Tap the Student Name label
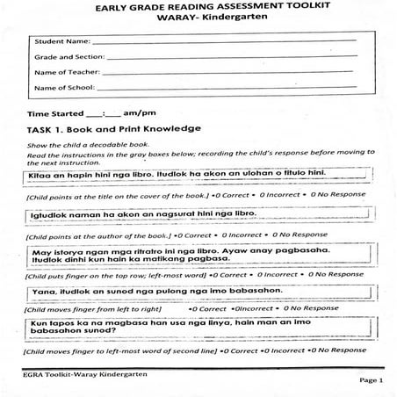pyautogui.click(x=61, y=41)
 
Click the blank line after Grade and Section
pyautogui.click(x=228, y=57)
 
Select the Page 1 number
pyautogui.click(x=370, y=381)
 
